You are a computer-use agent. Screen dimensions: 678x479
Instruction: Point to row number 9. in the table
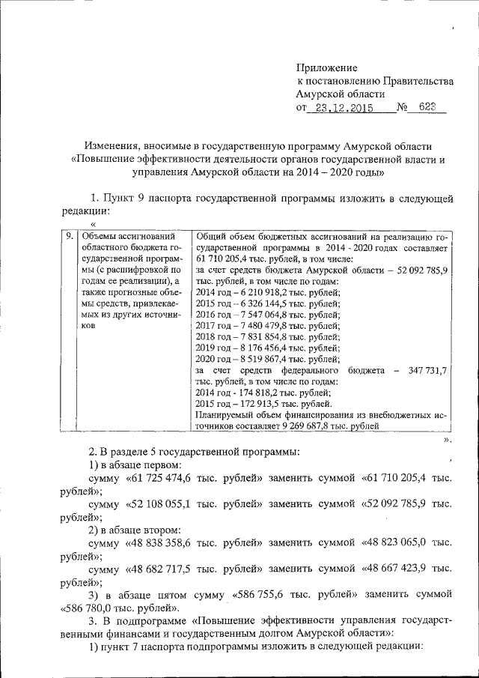[x=69, y=235]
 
